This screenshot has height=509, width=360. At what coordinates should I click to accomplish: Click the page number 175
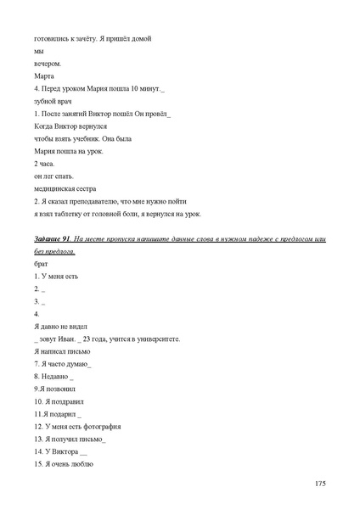tap(319, 484)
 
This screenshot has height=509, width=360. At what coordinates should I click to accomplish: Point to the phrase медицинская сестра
tap(65, 188)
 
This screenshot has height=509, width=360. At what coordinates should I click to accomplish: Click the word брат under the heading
tap(42, 264)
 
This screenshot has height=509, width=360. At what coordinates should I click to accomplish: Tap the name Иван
tap(70, 338)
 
